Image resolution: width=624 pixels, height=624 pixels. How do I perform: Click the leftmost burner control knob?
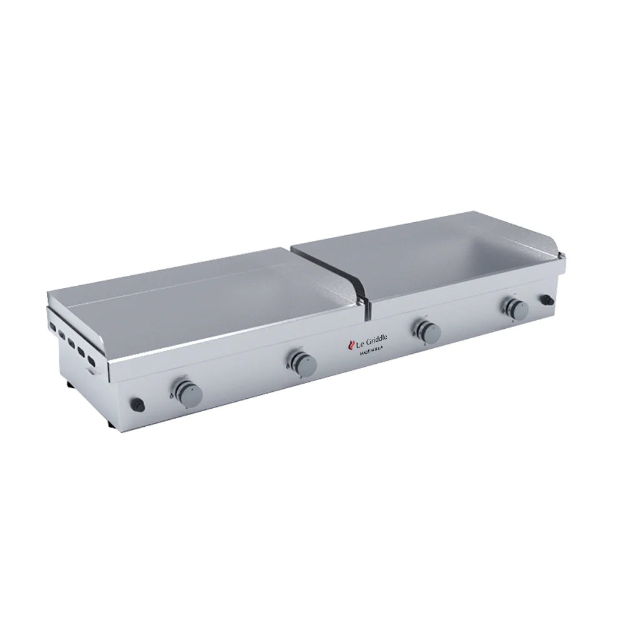[187, 391]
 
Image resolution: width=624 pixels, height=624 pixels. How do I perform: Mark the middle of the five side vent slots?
[72, 341]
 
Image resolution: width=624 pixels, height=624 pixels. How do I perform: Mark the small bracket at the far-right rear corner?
[564, 255]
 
